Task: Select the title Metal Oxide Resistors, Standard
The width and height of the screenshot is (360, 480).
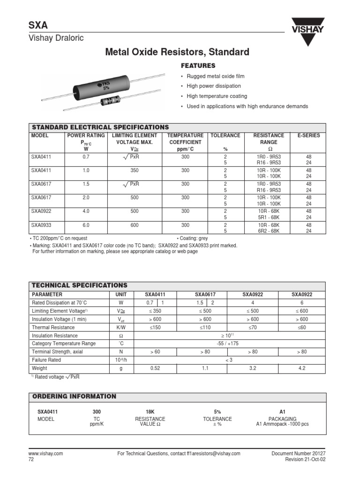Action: point(177,52)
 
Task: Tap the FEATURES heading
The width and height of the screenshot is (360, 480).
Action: point(198,66)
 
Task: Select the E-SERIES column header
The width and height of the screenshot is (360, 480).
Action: point(309,135)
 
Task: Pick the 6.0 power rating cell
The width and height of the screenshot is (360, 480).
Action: point(86,225)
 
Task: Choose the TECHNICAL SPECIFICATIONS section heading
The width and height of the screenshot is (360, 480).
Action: point(79,285)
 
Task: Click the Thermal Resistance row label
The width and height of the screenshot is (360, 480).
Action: point(53,327)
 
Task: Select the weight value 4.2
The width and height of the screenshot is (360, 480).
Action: point(302,368)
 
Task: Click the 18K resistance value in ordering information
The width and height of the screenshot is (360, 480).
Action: point(150,412)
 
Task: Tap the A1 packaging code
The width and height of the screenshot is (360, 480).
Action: point(282,412)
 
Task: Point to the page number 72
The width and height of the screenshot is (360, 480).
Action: point(32,460)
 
